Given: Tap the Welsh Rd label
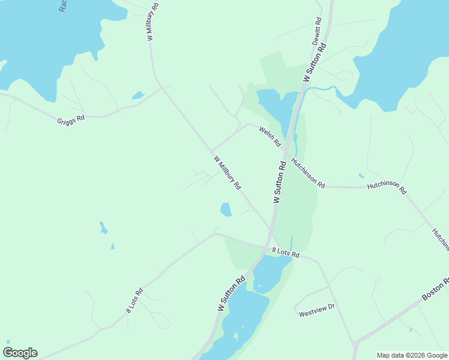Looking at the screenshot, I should click(270, 137).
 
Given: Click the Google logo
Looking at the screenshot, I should click(20, 353).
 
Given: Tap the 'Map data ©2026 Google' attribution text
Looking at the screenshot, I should click(412, 355).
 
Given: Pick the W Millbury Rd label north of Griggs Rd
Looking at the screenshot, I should click(152, 22).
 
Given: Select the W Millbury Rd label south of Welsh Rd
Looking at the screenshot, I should click(227, 173).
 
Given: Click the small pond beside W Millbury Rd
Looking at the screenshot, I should click(226, 209).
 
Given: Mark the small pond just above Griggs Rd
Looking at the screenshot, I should click(138, 95).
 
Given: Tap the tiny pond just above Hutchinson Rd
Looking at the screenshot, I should click(361, 176).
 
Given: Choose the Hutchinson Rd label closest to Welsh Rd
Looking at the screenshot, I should click(307, 173).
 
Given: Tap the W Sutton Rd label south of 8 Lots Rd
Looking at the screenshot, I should click(231, 293).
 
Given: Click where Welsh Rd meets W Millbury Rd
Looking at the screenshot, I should click(212, 151).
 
